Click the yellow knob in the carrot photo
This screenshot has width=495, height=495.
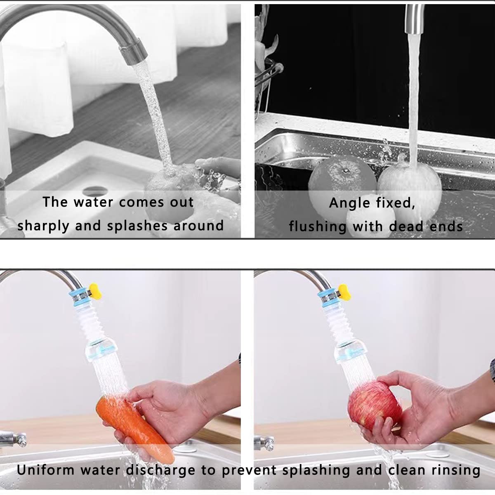point(94,290)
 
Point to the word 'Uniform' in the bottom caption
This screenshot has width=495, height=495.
point(45,470)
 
